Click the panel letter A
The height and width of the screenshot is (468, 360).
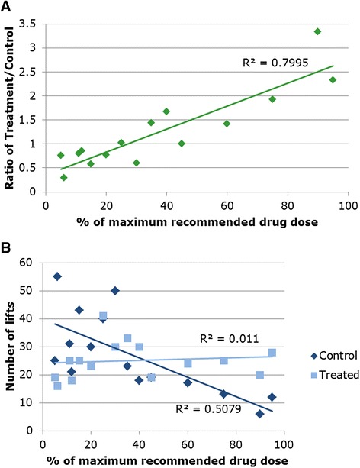(x=5, y=7)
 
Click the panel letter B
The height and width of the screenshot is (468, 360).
(x=5, y=248)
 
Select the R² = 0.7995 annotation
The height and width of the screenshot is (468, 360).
(x=275, y=63)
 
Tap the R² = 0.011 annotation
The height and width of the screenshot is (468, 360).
(x=229, y=338)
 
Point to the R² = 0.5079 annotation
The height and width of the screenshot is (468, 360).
(x=208, y=408)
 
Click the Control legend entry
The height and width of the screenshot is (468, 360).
(x=334, y=356)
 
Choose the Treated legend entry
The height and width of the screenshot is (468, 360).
(x=335, y=374)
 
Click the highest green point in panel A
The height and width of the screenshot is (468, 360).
(x=317, y=31)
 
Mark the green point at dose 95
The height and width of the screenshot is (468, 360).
(x=333, y=79)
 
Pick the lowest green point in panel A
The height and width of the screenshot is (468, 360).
(x=64, y=178)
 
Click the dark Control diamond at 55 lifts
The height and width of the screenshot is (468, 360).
(x=57, y=276)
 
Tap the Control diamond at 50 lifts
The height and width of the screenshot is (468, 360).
(x=115, y=290)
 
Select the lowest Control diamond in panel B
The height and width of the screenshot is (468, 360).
(x=260, y=414)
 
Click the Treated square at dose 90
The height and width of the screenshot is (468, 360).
(x=260, y=375)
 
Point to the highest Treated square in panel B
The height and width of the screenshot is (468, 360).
(x=103, y=316)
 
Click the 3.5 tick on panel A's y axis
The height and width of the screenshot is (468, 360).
(x=27, y=24)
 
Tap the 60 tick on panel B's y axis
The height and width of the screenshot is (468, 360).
(x=25, y=263)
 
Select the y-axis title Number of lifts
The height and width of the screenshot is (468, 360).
(x=9, y=346)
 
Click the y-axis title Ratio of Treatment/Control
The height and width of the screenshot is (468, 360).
(x=9, y=108)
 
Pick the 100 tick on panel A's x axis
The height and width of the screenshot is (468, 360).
(x=348, y=205)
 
